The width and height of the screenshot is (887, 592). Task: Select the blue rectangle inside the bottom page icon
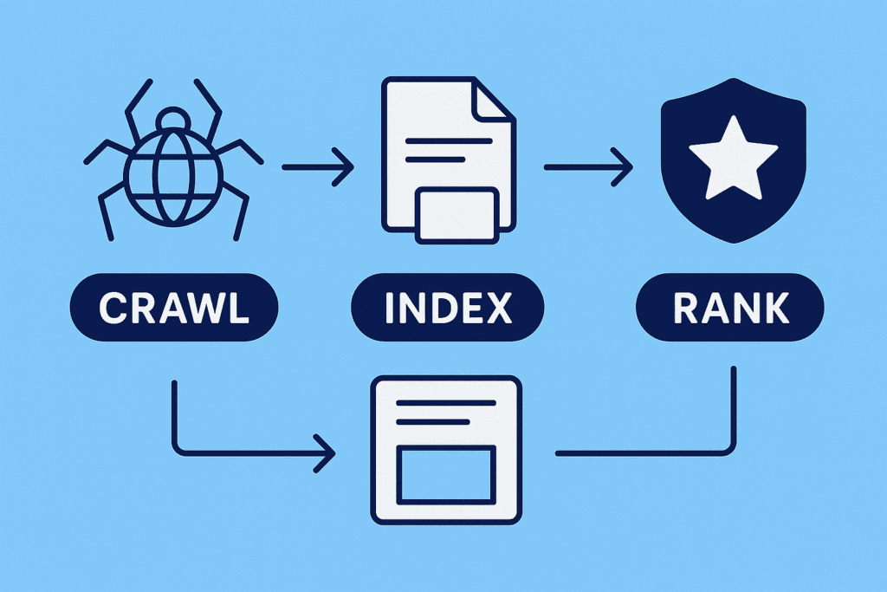coord(445,474)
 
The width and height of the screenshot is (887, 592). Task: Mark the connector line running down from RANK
coord(734,407)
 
